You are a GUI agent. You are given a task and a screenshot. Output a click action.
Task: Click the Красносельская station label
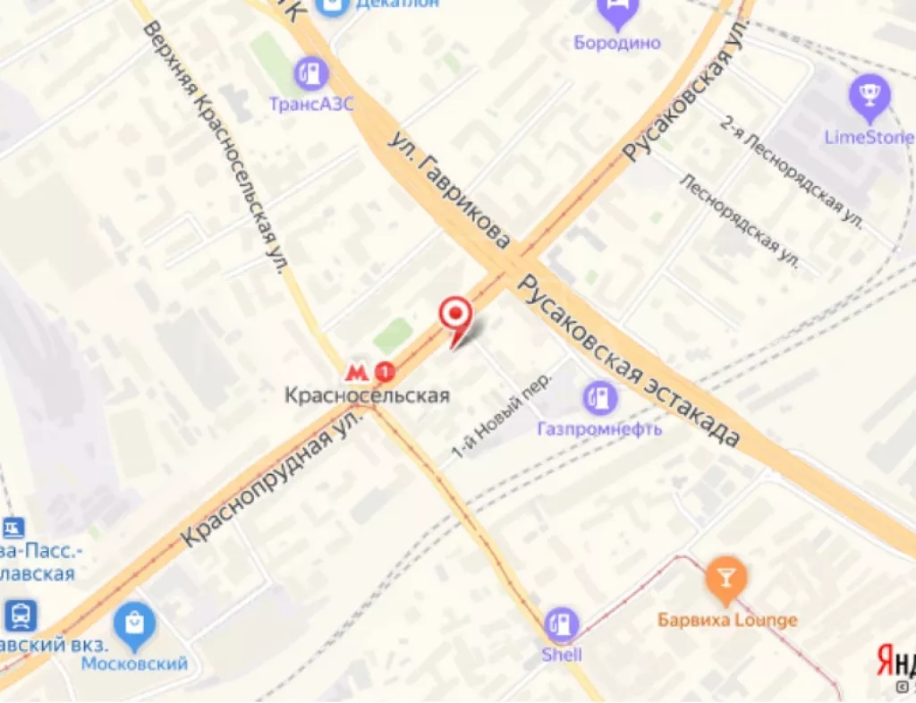coord(367,394)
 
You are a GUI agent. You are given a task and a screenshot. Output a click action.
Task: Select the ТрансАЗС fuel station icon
coord(312,72)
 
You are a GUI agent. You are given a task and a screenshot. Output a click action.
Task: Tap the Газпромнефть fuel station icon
coord(599,397)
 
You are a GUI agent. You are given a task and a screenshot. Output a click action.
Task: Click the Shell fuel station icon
coord(562,624)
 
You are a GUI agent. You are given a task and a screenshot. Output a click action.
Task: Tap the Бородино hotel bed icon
coord(617,13)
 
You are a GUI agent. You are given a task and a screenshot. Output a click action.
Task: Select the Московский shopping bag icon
coord(135,623)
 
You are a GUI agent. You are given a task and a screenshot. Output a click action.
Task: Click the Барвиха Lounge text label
coord(727,620)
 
